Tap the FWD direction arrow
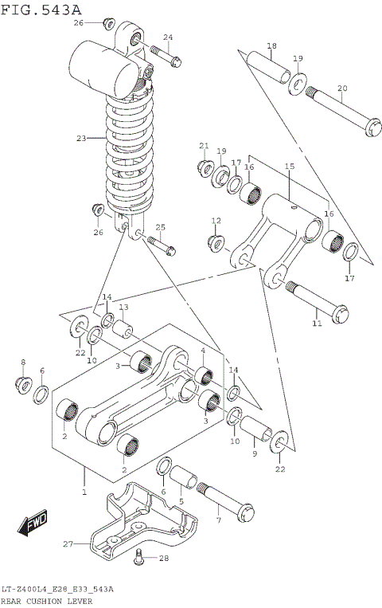coord(33,524)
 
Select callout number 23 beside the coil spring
coord(80,139)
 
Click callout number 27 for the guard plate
coord(68,543)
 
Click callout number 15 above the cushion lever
coord(289,167)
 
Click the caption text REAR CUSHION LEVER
coord(47,601)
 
